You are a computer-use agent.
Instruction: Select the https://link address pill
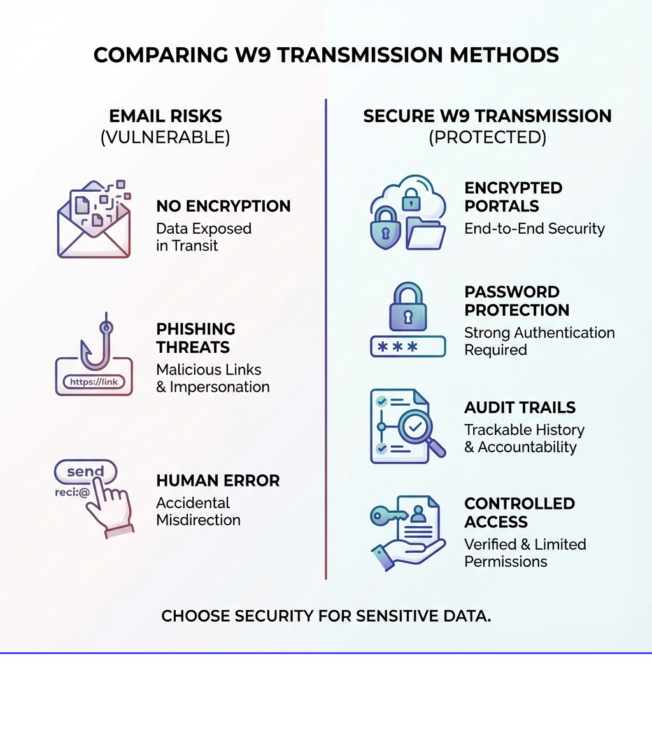pyautogui.click(x=94, y=382)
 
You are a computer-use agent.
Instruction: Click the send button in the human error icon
pyautogui.click(x=85, y=472)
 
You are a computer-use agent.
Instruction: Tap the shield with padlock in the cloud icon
pyautogui.click(x=386, y=227)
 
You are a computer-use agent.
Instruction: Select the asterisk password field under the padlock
pyautogui.click(x=408, y=347)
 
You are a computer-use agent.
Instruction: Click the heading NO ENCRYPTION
pyautogui.click(x=223, y=206)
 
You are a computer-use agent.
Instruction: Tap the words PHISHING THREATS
pyautogui.click(x=195, y=338)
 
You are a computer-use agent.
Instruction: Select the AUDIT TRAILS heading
pyautogui.click(x=520, y=408)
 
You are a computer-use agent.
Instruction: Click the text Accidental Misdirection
pyautogui.click(x=198, y=511)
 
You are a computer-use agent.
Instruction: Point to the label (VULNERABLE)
pyautogui.click(x=165, y=138)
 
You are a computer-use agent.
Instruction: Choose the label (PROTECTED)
pyautogui.click(x=487, y=138)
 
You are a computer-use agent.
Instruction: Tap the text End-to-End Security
pyautogui.click(x=534, y=229)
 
